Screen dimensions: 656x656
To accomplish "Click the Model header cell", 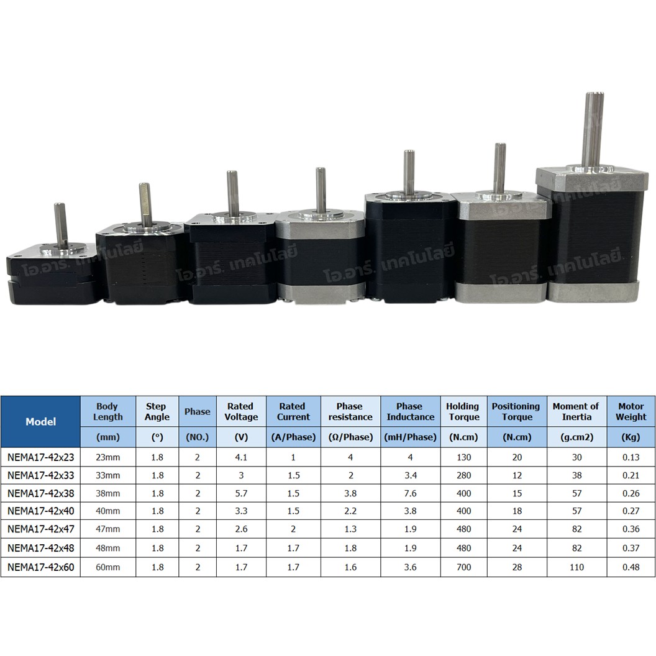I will click(40, 421).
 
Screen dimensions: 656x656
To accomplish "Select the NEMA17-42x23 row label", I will click(40, 457).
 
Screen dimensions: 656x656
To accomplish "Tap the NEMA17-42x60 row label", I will click(40, 567).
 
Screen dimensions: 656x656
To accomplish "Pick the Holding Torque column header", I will click(463, 411).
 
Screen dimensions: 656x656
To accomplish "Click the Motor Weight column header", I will click(631, 411).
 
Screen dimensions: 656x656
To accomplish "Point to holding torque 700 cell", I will click(463, 567).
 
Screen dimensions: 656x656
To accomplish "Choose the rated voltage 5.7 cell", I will click(241, 494).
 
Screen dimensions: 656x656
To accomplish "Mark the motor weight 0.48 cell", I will click(631, 567).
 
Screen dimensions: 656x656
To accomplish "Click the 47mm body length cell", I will click(107, 531).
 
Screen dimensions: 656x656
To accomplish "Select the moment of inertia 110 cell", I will click(576, 567).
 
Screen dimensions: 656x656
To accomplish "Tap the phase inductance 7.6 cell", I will click(409, 494).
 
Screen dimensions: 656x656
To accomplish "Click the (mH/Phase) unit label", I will click(409, 437).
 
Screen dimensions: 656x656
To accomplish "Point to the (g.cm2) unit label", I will click(576, 437).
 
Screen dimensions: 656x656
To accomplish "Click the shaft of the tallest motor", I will click(592, 128).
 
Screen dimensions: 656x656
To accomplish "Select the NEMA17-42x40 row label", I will click(40, 512).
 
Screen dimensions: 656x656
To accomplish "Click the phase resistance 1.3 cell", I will click(350, 531).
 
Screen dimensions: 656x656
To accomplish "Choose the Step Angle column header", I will click(157, 411).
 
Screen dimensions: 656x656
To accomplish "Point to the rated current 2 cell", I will click(293, 531).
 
